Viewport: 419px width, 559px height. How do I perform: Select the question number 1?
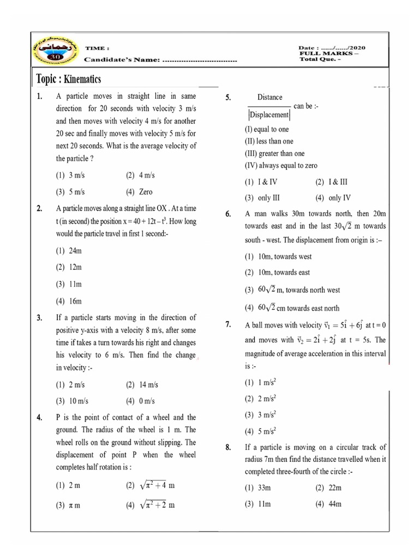pyautogui.click(x=39, y=97)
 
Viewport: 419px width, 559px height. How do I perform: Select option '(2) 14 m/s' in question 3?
pyautogui.click(x=141, y=385)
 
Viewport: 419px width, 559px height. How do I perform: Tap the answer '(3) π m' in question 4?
pyautogui.click(x=68, y=506)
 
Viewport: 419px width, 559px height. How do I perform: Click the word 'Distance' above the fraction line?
pyautogui.click(x=270, y=97)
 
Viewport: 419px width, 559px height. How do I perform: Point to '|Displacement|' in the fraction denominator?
pyautogui.click(x=269, y=115)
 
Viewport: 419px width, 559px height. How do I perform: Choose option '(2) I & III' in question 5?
pyautogui.click(x=331, y=182)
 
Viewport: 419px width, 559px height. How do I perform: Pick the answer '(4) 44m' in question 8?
pyautogui.click(x=328, y=504)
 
